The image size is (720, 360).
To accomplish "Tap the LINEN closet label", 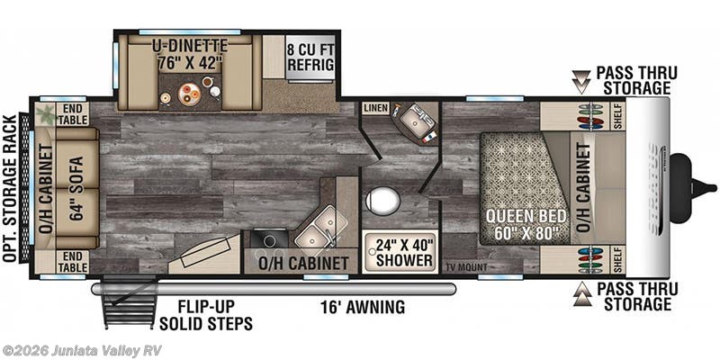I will tap(375, 109).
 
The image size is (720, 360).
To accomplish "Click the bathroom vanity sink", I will tap(415, 121).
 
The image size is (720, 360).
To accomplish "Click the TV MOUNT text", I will tap(466, 267).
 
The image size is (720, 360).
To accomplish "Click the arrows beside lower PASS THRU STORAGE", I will tap(581, 294).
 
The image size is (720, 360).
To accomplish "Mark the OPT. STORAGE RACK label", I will tap(9, 189).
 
